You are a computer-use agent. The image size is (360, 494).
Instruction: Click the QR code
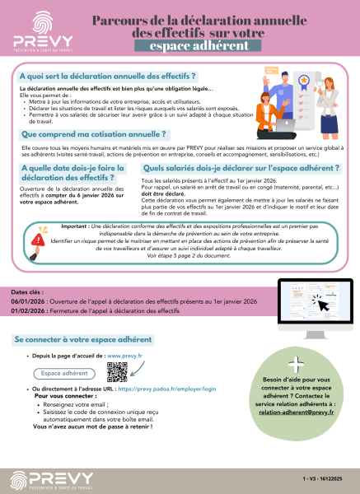(x=117, y=372)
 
